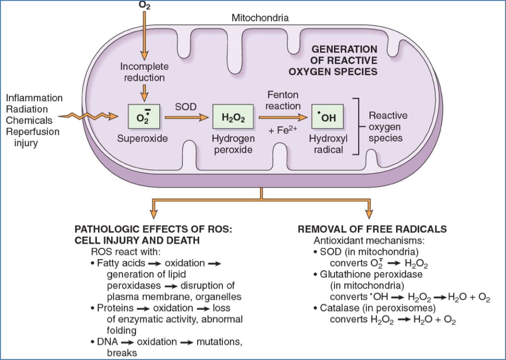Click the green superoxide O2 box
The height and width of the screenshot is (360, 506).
tap(142, 117)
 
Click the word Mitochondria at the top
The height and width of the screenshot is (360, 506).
tap(260, 19)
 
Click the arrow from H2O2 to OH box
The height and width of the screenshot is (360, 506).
tap(283, 118)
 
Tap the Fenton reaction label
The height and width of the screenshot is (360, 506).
tap(283, 100)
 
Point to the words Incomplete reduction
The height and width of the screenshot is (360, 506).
tap(144, 72)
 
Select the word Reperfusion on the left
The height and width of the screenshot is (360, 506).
tap(33, 131)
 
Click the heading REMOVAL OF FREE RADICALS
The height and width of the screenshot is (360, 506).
tap(372, 230)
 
